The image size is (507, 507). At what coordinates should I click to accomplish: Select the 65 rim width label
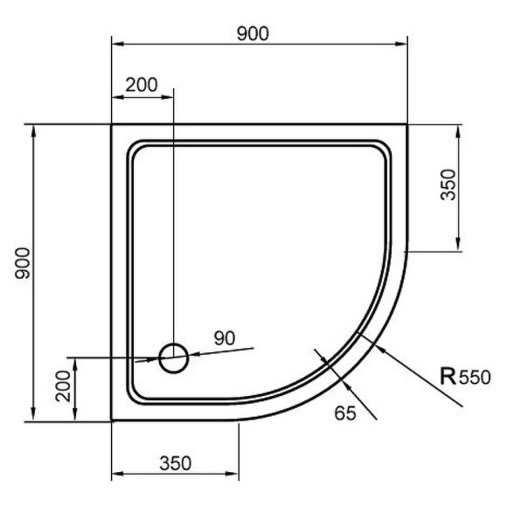[344, 414]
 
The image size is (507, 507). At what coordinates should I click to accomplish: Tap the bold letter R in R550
[447, 377]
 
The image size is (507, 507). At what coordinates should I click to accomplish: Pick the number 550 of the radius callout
[476, 379]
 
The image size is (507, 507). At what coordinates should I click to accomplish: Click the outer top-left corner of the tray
[112, 125]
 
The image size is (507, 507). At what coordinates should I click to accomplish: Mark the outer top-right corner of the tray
[408, 125]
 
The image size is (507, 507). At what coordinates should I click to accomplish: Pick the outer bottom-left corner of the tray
[112, 420]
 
